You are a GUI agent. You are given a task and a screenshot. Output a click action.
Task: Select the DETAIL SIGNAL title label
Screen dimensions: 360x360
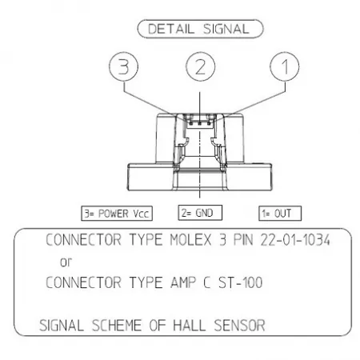pos(200,29)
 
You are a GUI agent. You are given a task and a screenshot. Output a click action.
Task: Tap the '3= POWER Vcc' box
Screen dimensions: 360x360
pos(117,214)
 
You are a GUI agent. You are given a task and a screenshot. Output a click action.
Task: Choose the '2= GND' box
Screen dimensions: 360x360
pos(200,213)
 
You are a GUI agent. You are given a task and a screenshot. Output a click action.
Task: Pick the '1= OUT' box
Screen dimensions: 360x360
pos(280,214)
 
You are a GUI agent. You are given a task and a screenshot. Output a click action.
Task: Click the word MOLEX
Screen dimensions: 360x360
pos(190,239)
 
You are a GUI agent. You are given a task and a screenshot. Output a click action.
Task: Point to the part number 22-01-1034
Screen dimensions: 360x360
pos(295,239)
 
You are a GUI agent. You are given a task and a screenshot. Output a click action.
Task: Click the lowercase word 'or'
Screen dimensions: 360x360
pos(66,262)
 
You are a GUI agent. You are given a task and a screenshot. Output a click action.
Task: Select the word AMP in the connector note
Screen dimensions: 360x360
pos(183,282)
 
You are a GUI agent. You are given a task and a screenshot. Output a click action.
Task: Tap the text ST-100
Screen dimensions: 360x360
pos(240,282)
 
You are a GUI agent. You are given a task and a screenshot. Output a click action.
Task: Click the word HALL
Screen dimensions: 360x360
pos(189,326)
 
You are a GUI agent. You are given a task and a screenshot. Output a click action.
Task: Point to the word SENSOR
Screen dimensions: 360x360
pos(239,326)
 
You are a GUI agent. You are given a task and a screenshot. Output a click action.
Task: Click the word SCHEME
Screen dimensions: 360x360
pos(117,326)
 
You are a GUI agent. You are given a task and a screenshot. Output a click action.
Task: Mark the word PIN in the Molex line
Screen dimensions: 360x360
pos(243,239)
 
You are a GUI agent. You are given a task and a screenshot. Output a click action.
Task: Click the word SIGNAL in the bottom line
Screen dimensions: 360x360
pos(62,326)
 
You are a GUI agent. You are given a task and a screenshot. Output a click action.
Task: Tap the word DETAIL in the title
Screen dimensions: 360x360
pos(171,29)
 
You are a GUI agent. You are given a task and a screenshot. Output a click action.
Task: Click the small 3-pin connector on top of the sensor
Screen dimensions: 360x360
pos(200,121)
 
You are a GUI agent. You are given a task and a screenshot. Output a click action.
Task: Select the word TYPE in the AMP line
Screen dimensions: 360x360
pos(146,282)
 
